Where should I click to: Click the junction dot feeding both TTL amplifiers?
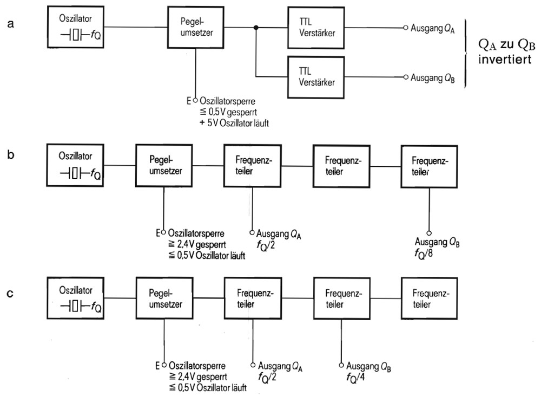point(256,27)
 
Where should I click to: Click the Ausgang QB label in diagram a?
point(432,78)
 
